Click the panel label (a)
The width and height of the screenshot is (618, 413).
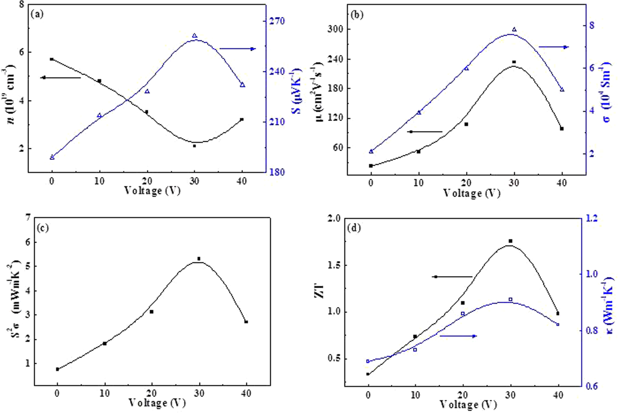click(x=38, y=15)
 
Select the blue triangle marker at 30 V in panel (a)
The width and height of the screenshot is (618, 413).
click(x=195, y=36)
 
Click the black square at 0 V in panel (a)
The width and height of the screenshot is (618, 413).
click(x=52, y=59)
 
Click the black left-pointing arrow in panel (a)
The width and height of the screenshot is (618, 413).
click(x=60, y=77)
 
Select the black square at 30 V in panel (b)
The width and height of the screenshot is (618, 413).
click(x=514, y=62)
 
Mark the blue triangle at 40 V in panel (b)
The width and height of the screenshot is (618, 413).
click(x=562, y=90)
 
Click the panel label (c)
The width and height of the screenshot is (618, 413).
click(x=42, y=228)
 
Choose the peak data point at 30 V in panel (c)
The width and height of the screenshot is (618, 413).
click(x=199, y=259)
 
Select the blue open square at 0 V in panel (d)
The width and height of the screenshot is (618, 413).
click(x=368, y=361)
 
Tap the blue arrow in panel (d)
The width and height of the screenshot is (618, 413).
click(x=458, y=336)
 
